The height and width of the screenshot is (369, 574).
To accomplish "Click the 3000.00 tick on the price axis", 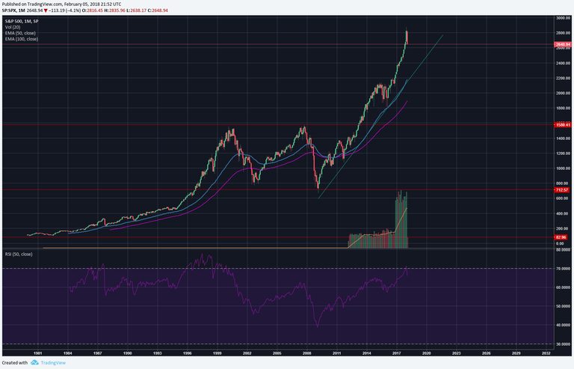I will tap(563, 18).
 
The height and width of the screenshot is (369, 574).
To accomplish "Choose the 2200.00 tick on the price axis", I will tap(563, 78).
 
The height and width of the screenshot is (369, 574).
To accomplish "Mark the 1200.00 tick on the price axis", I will tap(563, 153).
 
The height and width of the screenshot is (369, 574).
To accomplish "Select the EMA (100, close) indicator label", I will tap(22, 39).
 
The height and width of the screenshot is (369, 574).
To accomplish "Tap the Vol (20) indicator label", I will tap(13, 27).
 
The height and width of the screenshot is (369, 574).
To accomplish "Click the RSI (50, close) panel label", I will tap(19, 254).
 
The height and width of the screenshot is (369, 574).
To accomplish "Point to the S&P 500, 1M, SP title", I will tap(22, 21).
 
